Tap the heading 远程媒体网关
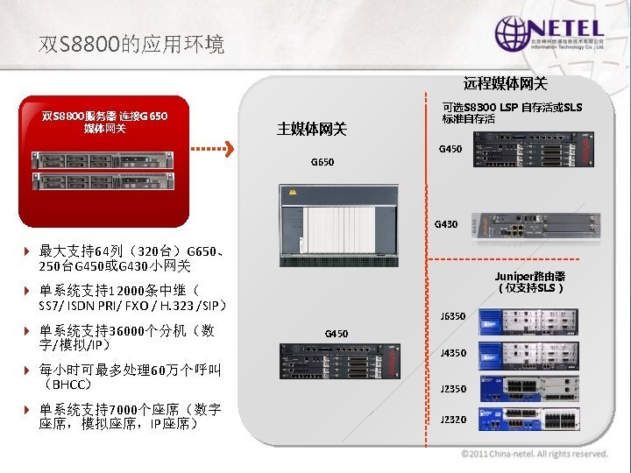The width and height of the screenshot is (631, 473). (x=505, y=84)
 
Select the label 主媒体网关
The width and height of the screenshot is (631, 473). (x=312, y=130)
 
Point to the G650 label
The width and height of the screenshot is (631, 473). (x=323, y=162)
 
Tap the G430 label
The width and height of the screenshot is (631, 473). (x=446, y=224)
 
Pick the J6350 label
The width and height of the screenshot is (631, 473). (x=452, y=316)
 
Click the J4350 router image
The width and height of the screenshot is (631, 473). (x=524, y=355)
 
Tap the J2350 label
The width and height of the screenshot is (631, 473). (x=452, y=389)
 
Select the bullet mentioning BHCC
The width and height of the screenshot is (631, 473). (x=127, y=377)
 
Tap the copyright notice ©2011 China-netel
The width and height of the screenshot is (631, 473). (x=534, y=454)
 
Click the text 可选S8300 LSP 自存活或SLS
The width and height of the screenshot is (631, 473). (x=512, y=107)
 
